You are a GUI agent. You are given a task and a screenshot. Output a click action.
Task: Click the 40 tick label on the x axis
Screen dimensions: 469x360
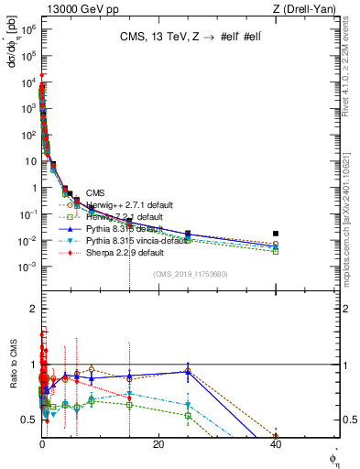276,444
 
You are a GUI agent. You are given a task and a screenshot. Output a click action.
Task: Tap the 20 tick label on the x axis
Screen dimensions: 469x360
158,444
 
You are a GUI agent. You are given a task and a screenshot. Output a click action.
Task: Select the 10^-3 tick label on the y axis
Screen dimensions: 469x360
27,267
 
